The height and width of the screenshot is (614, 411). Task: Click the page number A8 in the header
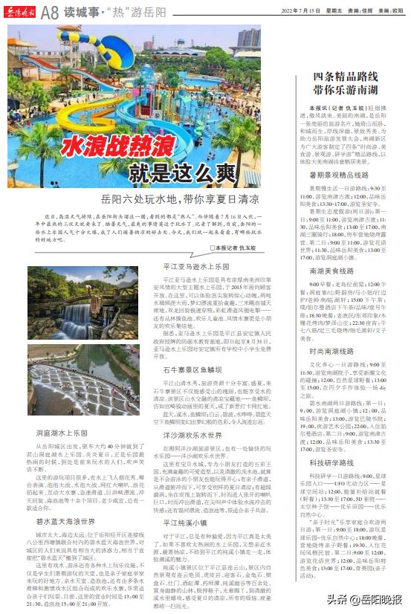(51, 11)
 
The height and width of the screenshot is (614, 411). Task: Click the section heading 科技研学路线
(338, 462)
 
